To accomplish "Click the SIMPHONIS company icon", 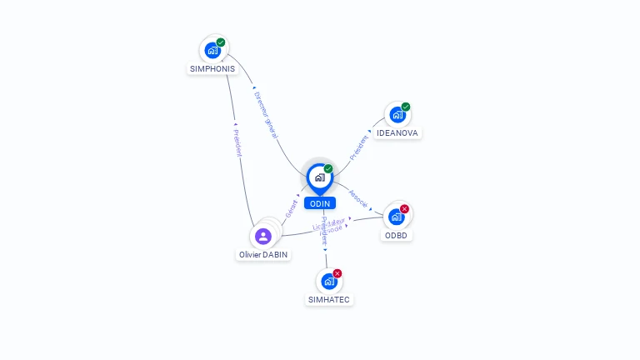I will (x=212, y=50).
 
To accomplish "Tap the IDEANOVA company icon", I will (x=397, y=115).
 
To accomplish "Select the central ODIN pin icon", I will (x=319, y=177).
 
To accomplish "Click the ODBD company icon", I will (x=397, y=217).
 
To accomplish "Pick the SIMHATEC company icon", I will (x=329, y=282).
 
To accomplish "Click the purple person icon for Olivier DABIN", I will (x=263, y=236).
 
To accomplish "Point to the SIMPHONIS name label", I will (x=212, y=68).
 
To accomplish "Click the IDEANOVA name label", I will (x=397, y=133).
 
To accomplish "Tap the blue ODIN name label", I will (x=319, y=203).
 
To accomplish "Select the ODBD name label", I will (x=397, y=235).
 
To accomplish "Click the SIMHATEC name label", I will (x=329, y=300).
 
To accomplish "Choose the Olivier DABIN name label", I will (x=263, y=255).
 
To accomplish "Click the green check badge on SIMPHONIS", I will (x=221, y=42).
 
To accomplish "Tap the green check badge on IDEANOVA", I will (x=406, y=107).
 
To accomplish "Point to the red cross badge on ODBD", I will (x=405, y=208).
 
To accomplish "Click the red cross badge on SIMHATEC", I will (x=337, y=273).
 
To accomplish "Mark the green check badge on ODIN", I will (x=328, y=168).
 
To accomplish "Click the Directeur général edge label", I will (x=267, y=108).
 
